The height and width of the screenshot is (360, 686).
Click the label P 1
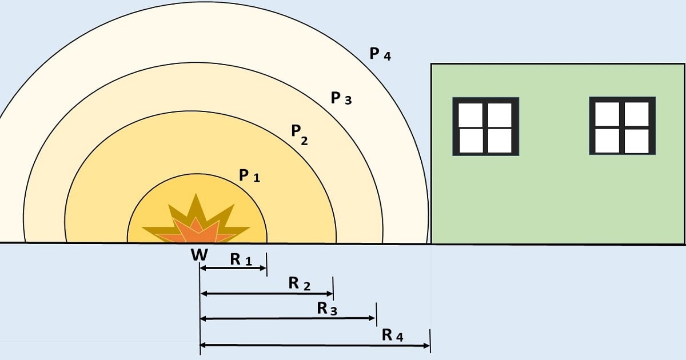(249, 176)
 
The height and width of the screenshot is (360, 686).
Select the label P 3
(341, 99)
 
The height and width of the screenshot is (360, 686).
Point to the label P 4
(380, 54)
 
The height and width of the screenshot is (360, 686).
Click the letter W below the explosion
(199, 255)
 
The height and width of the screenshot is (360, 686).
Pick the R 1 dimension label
(241, 259)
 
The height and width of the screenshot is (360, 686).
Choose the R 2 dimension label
(300, 284)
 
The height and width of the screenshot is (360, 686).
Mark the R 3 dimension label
(327, 309)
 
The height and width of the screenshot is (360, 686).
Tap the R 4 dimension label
(393, 335)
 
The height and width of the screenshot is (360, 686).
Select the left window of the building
(486, 127)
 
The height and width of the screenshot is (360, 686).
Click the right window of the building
(622, 127)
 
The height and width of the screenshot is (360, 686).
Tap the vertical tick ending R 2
(333, 288)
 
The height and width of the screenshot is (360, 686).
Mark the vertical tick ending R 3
(376, 313)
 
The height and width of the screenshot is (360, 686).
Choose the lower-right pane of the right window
(636, 141)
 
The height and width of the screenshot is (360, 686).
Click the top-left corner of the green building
(431, 64)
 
